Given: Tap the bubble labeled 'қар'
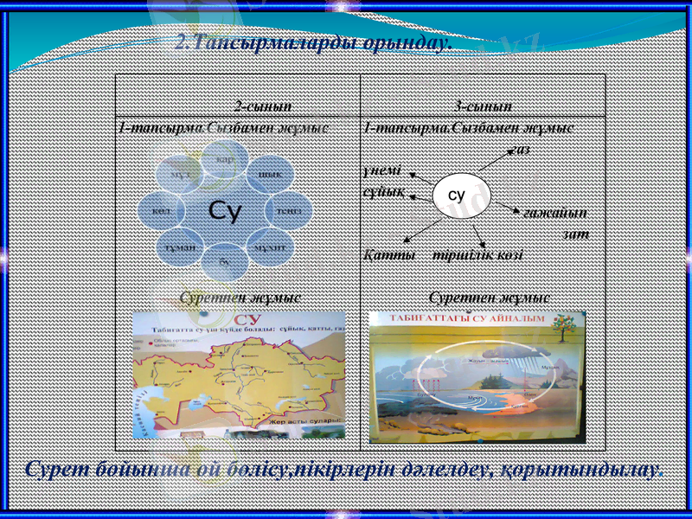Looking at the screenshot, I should [224, 159].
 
